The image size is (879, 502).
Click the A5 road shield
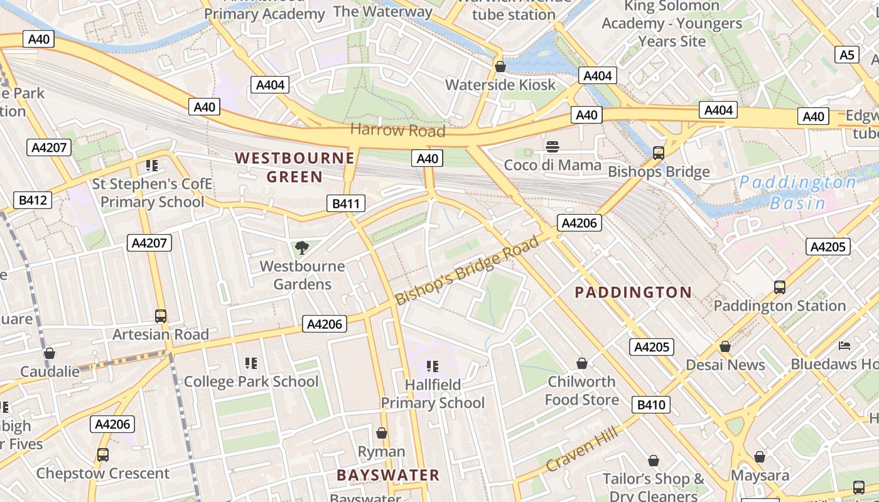847,55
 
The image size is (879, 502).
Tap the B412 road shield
33,201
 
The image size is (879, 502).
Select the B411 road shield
345,203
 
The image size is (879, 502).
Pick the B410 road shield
651,405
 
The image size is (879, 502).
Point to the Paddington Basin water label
797,193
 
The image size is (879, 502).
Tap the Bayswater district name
388,475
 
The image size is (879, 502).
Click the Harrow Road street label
397,131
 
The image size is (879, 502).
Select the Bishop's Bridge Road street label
468,270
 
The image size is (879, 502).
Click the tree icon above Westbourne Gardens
302,248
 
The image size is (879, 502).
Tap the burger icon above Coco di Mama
553,147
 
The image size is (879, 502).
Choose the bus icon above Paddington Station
779,287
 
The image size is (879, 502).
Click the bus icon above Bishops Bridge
658,153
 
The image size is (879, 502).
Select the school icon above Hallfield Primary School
432,366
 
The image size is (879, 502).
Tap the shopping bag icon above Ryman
381,433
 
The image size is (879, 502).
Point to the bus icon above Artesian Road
161,316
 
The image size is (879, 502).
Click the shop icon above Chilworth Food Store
582,363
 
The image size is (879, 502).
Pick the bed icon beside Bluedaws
844,346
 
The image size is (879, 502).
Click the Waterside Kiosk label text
500,85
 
